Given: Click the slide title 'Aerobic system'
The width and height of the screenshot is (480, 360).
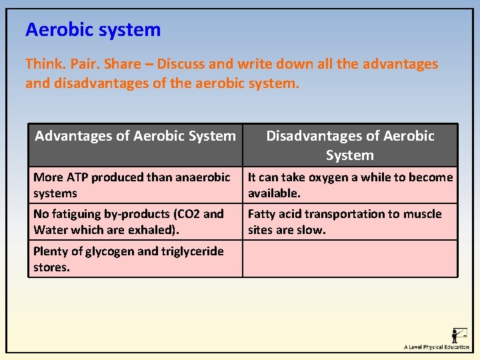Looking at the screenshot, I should pyautogui.click(x=93, y=30).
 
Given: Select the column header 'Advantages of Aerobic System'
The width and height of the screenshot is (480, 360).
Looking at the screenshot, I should pyautogui.click(x=135, y=137).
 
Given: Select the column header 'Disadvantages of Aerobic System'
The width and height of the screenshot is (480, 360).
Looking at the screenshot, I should pyautogui.click(x=350, y=145).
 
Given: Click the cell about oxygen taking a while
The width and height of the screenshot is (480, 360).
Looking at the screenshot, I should pyautogui.click(x=350, y=185).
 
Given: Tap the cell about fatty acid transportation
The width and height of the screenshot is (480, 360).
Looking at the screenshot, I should pyautogui.click(x=350, y=222).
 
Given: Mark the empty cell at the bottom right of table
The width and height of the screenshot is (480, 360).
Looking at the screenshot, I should pyautogui.click(x=350, y=259).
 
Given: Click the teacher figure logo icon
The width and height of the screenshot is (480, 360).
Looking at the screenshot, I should pyautogui.click(x=459, y=335).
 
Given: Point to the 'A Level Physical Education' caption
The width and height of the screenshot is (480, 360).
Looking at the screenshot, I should pyautogui.click(x=436, y=347).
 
